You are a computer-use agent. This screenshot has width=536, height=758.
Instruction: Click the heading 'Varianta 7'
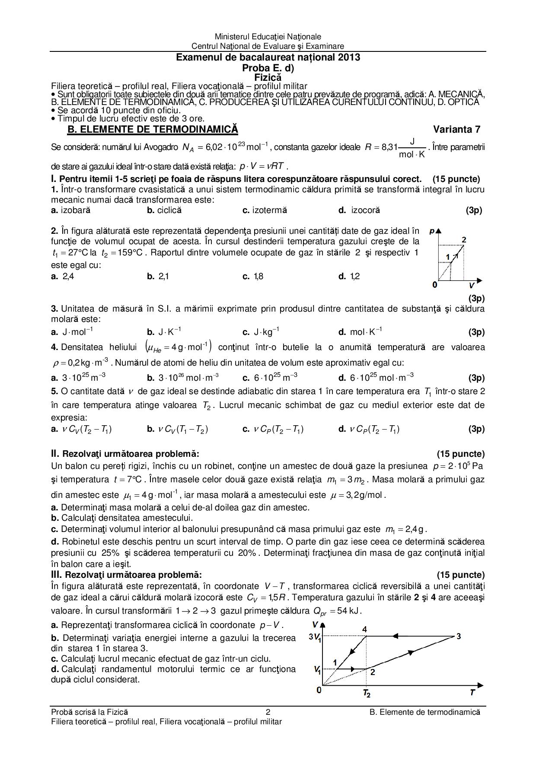456,129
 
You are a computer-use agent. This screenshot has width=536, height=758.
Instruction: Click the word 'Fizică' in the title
268,77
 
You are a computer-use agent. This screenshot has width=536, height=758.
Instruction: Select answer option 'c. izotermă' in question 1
265,210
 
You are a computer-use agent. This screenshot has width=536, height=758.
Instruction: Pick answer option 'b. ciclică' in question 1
164,210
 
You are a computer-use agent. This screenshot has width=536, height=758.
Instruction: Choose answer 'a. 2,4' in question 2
63,276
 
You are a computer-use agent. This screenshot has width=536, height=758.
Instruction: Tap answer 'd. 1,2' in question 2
349,276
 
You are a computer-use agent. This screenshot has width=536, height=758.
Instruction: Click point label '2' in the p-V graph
464,240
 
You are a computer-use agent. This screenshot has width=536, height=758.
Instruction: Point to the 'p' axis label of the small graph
432,231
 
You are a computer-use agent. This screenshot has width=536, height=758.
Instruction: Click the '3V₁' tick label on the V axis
315,637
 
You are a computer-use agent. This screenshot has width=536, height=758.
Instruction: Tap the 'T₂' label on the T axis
367,694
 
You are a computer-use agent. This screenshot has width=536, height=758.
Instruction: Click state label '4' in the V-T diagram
364,629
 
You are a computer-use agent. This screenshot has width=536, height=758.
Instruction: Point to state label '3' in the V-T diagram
459,636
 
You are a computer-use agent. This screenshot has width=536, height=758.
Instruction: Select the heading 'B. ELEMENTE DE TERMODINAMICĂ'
153,129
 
